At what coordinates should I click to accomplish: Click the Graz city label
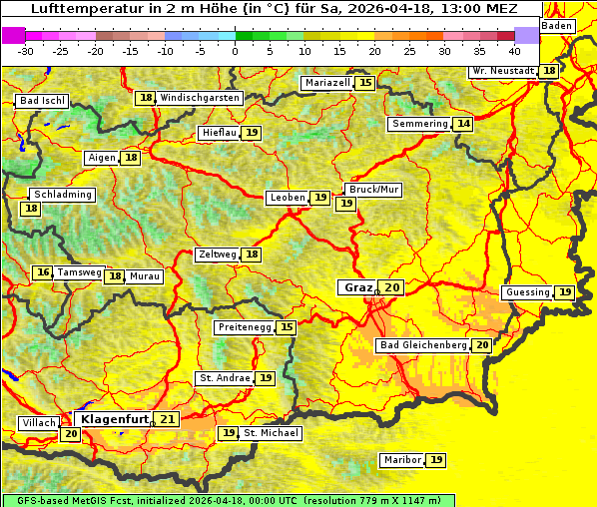(x=357, y=287)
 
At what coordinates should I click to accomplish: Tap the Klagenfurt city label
(x=115, y=419)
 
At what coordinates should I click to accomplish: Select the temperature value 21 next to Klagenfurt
(x=167, y=419)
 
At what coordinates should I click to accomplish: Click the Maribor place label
(x=401, y=460)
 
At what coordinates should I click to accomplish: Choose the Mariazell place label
(x=328, y=83)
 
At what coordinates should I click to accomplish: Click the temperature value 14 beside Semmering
(x=462, y=124)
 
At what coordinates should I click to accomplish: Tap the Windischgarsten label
(x=200, y=98)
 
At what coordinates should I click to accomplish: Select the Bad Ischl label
(x=43, y=101)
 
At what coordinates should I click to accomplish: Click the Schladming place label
(x=62, y=195)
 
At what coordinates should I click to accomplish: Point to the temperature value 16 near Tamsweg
(x=42, y=272)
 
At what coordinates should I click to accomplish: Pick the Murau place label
(x=145, y=276)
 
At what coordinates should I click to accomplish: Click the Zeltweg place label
(x=218, y=254)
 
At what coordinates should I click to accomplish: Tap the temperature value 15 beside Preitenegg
(x=287, y=327)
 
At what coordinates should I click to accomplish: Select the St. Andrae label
(x=224, y=378)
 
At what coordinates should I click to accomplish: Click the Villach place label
(x=39, y=423)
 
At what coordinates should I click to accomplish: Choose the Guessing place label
(x=528, y=292)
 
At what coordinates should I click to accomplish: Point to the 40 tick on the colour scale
(x=514, y=50)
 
